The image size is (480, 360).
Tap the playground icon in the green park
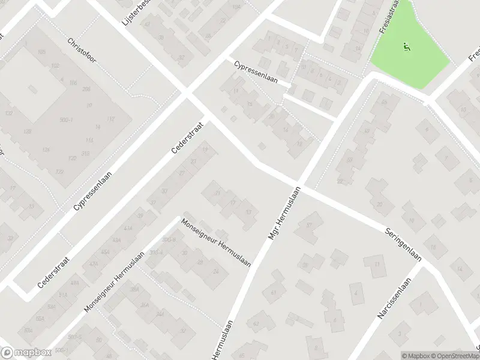pyautogui.click(x=406, y=46)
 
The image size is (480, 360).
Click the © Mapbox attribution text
pyautogui.click(x=415, y=356)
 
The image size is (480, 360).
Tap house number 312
pyautogui.click(x=87, y=153)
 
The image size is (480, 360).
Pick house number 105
pyautogui.click(x=41, y=52)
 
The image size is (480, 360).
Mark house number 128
pyautogui.click(x=26, y=131)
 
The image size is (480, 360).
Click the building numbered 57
pyautogui.click(x=310, y=226)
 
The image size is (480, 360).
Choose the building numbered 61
pyautogui.click(x=274, y=292)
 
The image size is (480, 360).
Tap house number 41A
pyautogui.click(x=128, y=229)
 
